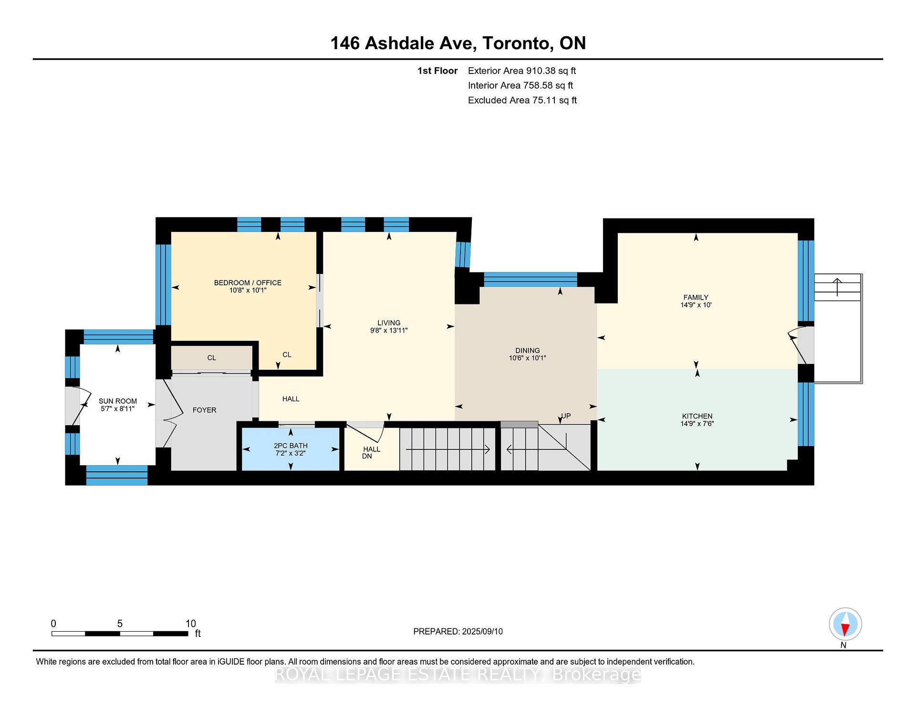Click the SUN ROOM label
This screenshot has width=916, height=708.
point(118,401)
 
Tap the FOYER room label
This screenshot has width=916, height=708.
point(204,410)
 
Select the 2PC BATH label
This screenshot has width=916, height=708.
point(291,446)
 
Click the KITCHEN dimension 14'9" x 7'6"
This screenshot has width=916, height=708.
point(697,424)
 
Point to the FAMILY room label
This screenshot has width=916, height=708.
point(696,297)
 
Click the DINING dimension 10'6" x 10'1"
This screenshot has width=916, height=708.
point(527,358)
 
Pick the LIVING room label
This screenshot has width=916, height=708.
point(389,323)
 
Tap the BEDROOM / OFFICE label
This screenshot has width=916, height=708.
point(248,282)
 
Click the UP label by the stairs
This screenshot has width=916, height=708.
point(566,416)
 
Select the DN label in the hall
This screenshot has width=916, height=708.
point(367,456)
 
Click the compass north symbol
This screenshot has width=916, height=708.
point(845,624)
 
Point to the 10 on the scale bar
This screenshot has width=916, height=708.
point(190,624)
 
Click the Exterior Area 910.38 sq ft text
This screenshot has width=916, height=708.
point(521,71)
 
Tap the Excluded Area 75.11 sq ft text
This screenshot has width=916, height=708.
point(522,100)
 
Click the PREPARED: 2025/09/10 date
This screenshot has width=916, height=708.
point(458,631)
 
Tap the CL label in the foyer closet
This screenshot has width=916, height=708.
point(211,358)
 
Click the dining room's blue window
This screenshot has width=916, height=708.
point(530,279)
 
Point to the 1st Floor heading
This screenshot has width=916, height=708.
point(437,71)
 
